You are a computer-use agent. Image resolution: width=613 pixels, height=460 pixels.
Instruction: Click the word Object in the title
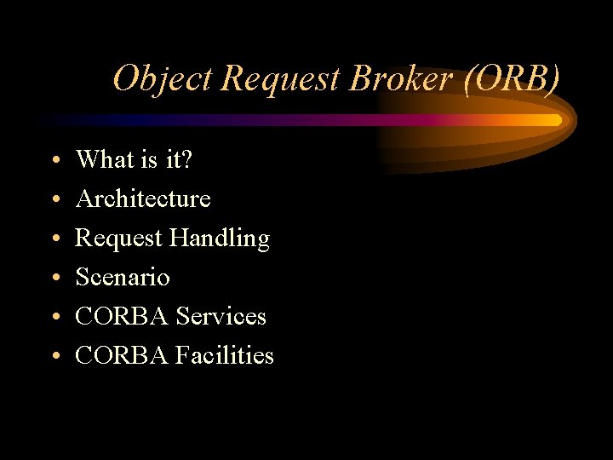(163, 78)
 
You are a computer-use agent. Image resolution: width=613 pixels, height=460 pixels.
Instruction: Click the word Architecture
(143, 198)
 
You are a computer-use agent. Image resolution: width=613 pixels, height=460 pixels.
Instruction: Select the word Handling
(219, 239)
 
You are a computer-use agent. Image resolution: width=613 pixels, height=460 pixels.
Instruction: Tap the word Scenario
(123, 277)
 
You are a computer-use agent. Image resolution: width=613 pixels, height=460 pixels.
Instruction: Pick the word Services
(221, 316)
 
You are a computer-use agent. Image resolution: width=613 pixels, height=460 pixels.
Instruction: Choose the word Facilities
(225, 355)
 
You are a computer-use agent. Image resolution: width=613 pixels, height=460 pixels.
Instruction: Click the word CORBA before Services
(122, 316)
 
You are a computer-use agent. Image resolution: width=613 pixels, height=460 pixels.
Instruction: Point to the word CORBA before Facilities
(122, 355)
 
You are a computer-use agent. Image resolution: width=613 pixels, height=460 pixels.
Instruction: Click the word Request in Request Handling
(118, 239)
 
